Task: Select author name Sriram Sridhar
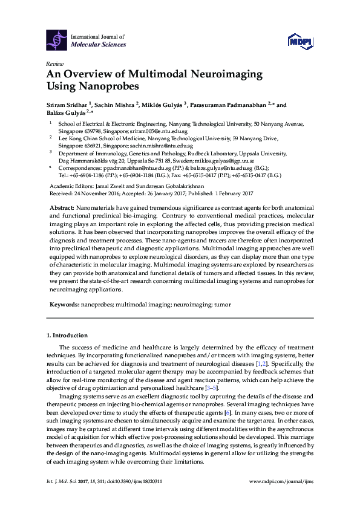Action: click(67, 105)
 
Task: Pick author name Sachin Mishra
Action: click(116, 105)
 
